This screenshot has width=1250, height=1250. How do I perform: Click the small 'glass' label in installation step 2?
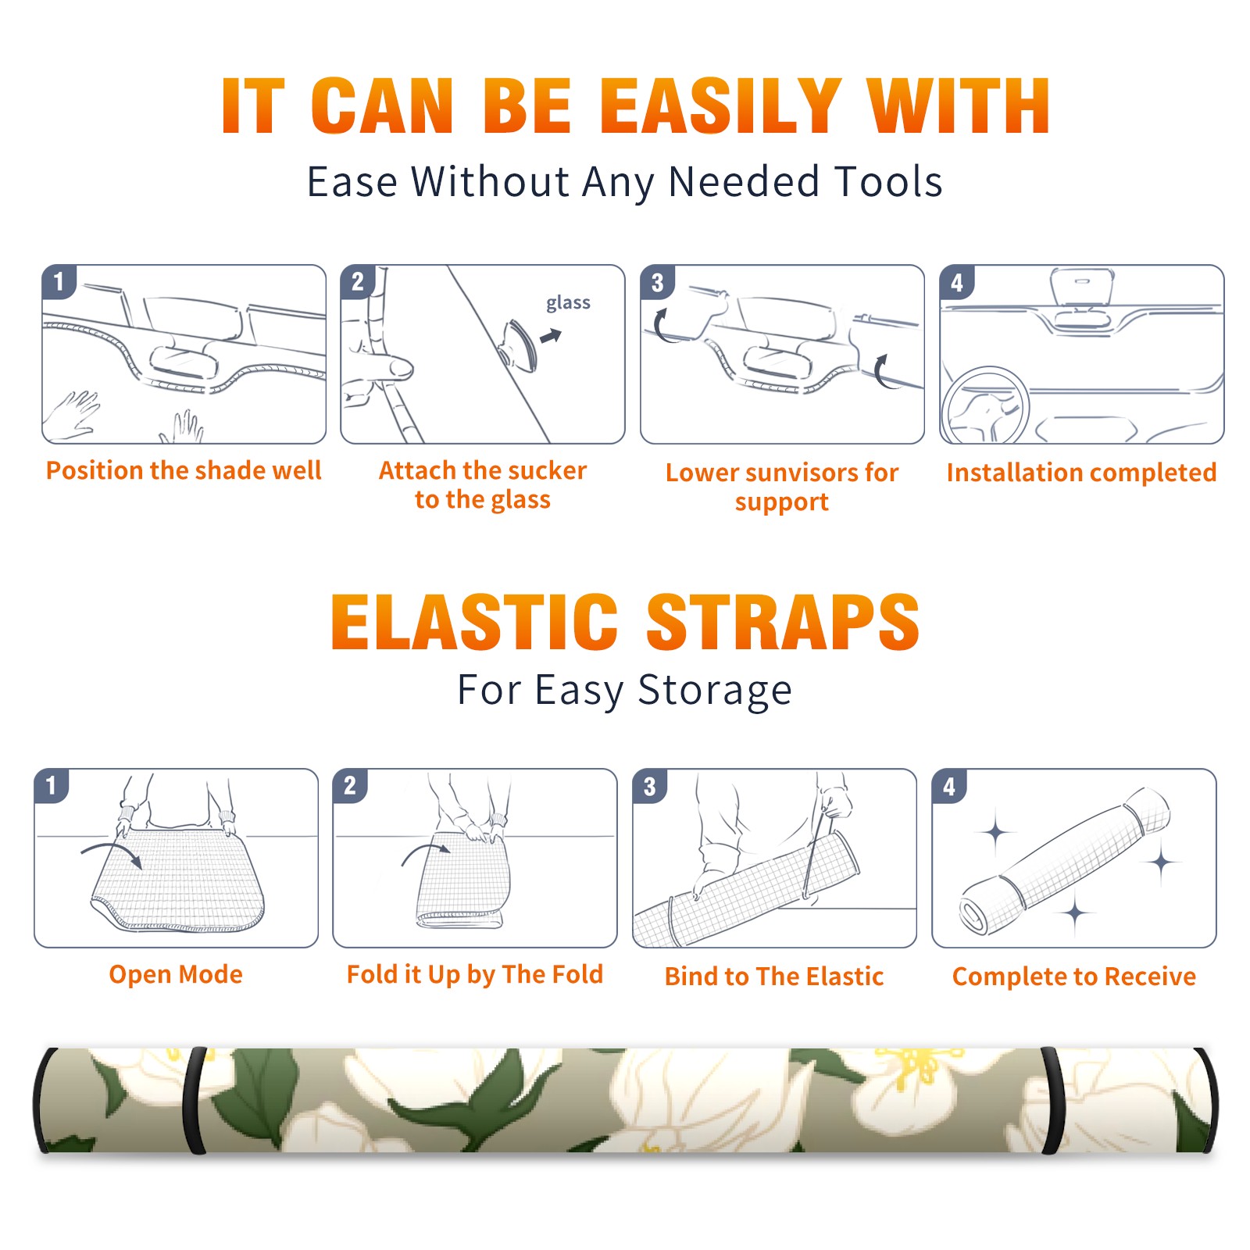(x=568, y=303)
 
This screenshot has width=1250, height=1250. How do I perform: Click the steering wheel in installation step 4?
(x=985, y=405)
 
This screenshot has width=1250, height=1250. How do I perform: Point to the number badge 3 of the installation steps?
(x=657, y=282)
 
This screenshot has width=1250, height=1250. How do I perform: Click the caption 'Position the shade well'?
(x=184, y=470)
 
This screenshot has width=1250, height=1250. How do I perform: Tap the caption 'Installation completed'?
(x=1081, y=472)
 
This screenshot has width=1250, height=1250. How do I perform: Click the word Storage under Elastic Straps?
(x=715, y=691)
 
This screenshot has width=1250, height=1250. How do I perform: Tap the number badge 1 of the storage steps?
(x=52, y=786)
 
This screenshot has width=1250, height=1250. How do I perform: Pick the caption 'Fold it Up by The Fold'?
(x=475, y=974)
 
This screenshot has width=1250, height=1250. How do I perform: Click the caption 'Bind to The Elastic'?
(x=774, y=977)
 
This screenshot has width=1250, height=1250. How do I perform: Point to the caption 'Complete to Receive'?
(x=1074, y=977)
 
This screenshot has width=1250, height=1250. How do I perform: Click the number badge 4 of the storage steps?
(x=949, y=786)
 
